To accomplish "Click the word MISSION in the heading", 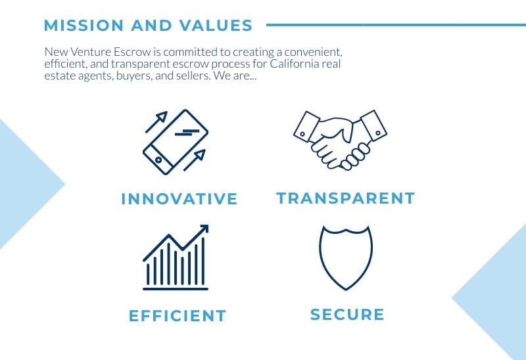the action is (84, 26).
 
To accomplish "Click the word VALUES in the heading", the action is (216, 26).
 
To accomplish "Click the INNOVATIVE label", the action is (179, 199).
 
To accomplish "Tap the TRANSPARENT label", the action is (346, 198).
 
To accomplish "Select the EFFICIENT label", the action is (178, 316).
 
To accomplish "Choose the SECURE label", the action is (347, 315).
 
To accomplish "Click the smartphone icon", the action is (176, 142).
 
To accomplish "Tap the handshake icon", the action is (340, 140).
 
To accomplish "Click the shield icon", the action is (346, 258).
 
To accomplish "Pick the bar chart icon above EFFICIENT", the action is (176, 258).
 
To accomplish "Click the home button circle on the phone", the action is (158, 160).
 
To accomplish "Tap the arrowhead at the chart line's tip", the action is (204, 229).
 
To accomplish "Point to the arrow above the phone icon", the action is (156, 122).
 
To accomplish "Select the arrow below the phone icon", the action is (194, 160).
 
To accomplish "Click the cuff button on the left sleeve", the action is (302, 134).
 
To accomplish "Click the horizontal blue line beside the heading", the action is (396, 25).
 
